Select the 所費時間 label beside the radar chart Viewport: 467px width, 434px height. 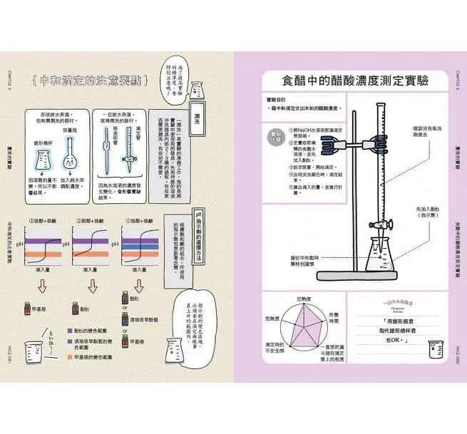click(x=334, y=319)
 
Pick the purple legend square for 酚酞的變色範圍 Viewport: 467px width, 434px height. click(x=68, y=331)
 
